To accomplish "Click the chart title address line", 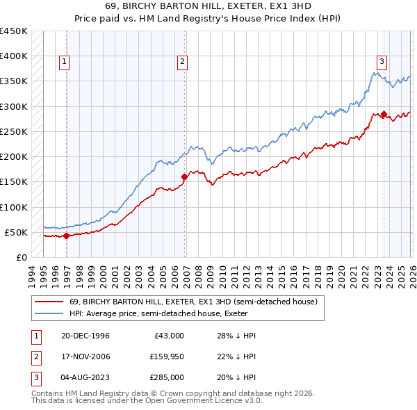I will click(208, 8).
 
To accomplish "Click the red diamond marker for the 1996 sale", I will click(66, 236).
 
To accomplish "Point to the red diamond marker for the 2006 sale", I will click(184, 177).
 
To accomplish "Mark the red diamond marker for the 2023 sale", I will click(384, 114).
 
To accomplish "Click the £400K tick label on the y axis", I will click(14, 56).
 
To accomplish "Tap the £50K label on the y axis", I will click(17, 232).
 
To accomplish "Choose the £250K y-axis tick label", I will click(14, 131).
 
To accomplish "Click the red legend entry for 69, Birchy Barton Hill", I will click(183, 302).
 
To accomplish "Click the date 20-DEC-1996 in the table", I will click(85, 336).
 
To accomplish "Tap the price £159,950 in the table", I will click(167, 356).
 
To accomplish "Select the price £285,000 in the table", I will click(167, 377).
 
